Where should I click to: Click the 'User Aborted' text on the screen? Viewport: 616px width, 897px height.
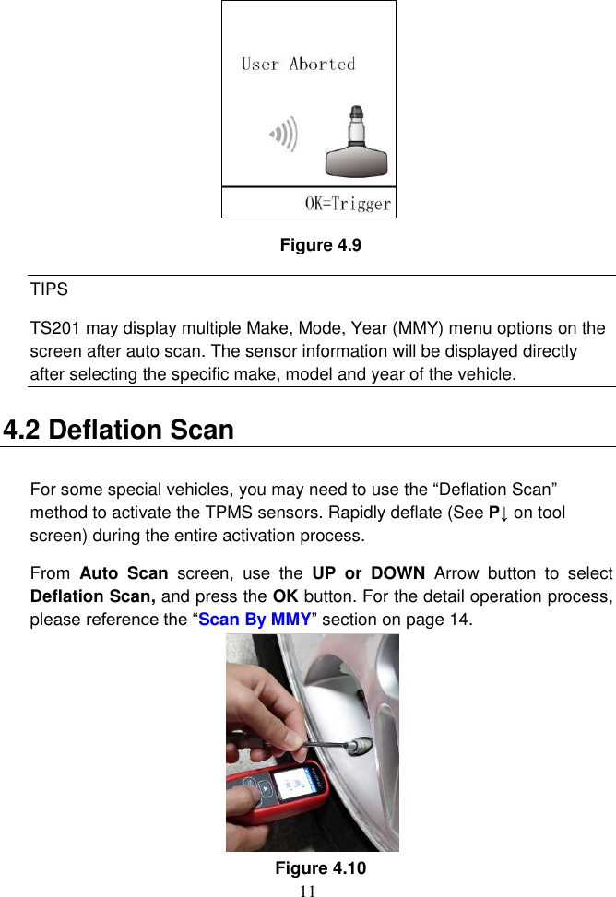click(x=298, y=65)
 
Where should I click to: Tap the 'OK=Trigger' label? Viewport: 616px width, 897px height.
click(x=348, y=204)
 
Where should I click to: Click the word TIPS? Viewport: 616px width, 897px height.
click(x=49, y=289)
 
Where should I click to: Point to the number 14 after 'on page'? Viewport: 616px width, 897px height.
click(x=459, y=619)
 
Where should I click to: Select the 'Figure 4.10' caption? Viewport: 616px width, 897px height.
click(x=320, y=867)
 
